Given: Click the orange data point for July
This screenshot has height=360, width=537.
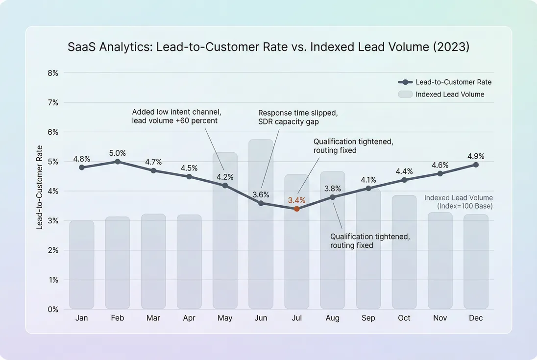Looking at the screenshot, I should (296, 209).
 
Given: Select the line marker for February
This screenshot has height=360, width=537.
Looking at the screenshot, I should (117, 161).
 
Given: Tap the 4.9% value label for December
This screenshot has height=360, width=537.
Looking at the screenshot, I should (476, 156).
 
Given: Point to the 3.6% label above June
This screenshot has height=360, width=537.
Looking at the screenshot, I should (261, 194).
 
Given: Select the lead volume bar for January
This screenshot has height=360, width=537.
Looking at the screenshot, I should (81, 264).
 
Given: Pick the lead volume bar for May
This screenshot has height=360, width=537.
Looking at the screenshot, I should (225, 245).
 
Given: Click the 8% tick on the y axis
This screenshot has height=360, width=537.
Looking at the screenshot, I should (52, 73).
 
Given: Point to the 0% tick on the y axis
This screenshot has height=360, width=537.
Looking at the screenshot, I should (52, 310).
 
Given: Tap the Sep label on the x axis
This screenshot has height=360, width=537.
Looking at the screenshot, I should (368, 318).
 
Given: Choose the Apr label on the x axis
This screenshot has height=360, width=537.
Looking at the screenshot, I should (189, 318).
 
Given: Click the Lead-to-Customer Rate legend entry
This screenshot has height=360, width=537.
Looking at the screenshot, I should (453, 82).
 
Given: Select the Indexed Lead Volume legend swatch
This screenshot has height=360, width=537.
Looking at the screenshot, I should (404, 94).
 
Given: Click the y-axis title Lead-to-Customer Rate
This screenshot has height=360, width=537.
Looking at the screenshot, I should (40, 187).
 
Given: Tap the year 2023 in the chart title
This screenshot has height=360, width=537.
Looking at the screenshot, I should (456, 48).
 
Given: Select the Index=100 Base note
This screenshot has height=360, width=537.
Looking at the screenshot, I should (464, 206).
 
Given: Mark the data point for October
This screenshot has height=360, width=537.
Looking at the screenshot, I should (404, 180).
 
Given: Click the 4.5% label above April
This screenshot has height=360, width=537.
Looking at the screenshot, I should (189, 168).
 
